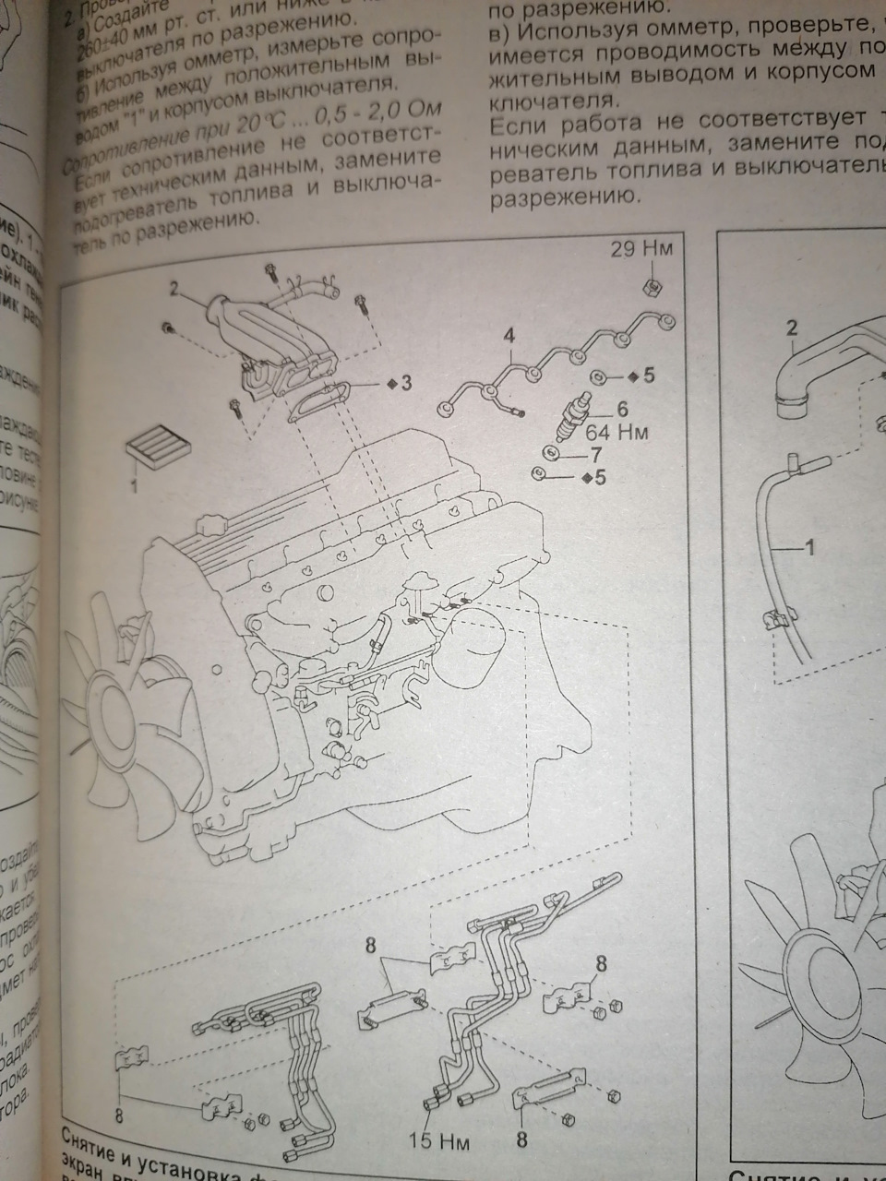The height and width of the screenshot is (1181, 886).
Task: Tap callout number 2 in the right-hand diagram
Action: (791, 327)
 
